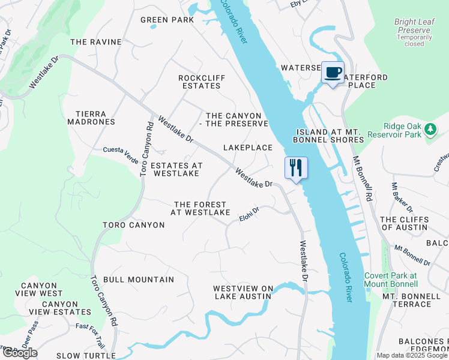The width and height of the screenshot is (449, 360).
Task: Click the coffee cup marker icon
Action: (333, 73)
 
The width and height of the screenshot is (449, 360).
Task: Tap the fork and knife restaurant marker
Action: (295, 167)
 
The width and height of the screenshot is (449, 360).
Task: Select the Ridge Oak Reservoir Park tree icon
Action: (429, 129)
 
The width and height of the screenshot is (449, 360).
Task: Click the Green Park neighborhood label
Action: (167, 20)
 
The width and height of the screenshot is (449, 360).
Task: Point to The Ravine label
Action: (96, 42)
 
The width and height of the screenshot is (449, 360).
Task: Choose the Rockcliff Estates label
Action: (200, 82)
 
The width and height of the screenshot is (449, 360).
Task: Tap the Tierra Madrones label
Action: (95, 118)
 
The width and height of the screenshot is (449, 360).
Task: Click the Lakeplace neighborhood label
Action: (248, 148)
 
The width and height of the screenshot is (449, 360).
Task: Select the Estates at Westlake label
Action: (176, 169)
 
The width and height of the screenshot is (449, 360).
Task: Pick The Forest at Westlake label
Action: (200, 209)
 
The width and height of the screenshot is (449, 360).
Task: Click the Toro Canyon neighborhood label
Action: (133, 225)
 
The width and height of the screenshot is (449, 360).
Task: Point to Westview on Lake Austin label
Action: (243, 292)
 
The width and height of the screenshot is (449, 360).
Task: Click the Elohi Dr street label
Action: (248, 213)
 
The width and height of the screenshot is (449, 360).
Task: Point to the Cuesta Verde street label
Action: (121, 150)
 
